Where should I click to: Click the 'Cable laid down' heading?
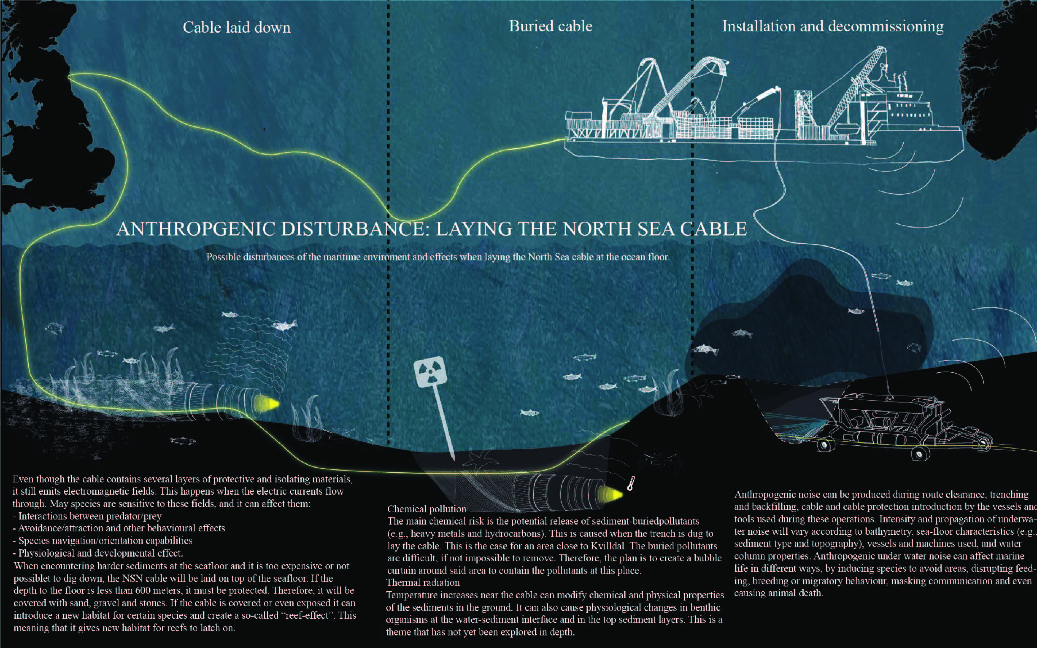[x=237, y=27]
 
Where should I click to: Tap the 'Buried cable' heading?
[x=550, y=26]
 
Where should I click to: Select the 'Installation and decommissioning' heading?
[x=832, y=26]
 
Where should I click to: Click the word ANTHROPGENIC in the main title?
[x=196, y=229]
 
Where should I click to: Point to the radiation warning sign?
[x=430, y=371]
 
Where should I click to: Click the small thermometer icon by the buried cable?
[x=631, y=483]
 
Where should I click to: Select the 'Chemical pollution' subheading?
[x=426, y=509]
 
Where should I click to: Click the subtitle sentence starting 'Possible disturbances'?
[x=437, y=257]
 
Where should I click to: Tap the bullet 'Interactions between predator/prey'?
[x=90, y=516]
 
